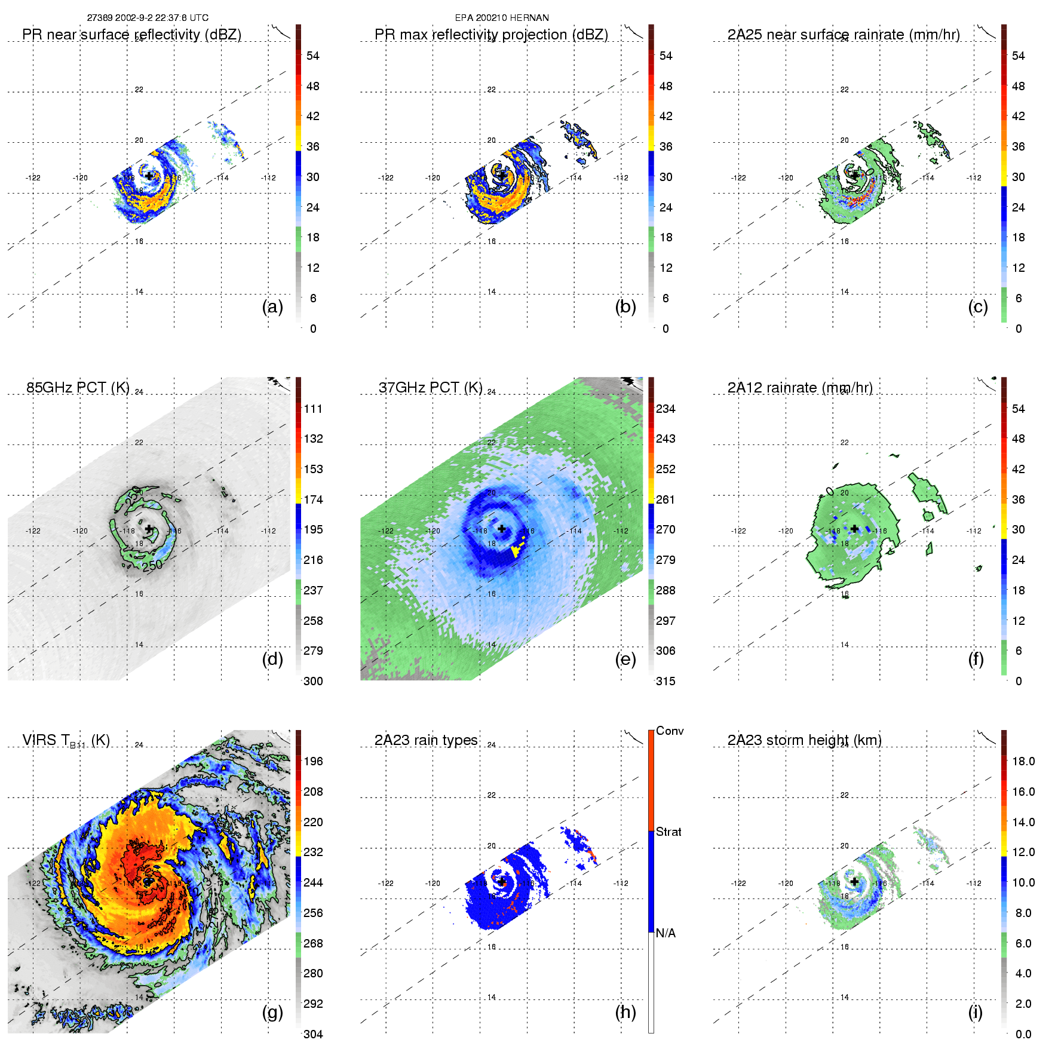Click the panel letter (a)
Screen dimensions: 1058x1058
(272, 307)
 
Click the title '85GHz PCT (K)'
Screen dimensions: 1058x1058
(78, 388)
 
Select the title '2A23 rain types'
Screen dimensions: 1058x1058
(426, 740)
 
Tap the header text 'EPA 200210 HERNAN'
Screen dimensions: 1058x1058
(502, 18)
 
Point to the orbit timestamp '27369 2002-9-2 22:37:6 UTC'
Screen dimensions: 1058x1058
(148, 18)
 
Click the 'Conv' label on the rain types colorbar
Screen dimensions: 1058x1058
(670, 731)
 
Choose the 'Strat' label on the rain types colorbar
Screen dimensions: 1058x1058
(668, 832)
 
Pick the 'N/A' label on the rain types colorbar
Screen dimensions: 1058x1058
(666, 933)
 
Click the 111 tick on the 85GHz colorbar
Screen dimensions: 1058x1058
(313, 409)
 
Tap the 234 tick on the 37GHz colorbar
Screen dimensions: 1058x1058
(666, 409)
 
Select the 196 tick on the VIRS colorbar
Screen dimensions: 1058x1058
(313, 761)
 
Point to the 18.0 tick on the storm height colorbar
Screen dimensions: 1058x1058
(1023, 761)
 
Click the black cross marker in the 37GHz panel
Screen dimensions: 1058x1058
(502, 529)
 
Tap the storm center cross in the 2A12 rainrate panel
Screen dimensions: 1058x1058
(855, 529)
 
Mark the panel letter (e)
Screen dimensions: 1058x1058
(625, 660)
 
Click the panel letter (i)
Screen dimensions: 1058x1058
(976, 1012)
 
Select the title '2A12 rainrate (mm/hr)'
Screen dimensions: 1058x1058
(800, 388)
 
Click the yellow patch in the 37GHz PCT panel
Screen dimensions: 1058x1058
(516, 551)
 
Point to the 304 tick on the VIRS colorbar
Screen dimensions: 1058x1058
(313, 1034)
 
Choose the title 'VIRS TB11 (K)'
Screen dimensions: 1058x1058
(66, 741)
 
